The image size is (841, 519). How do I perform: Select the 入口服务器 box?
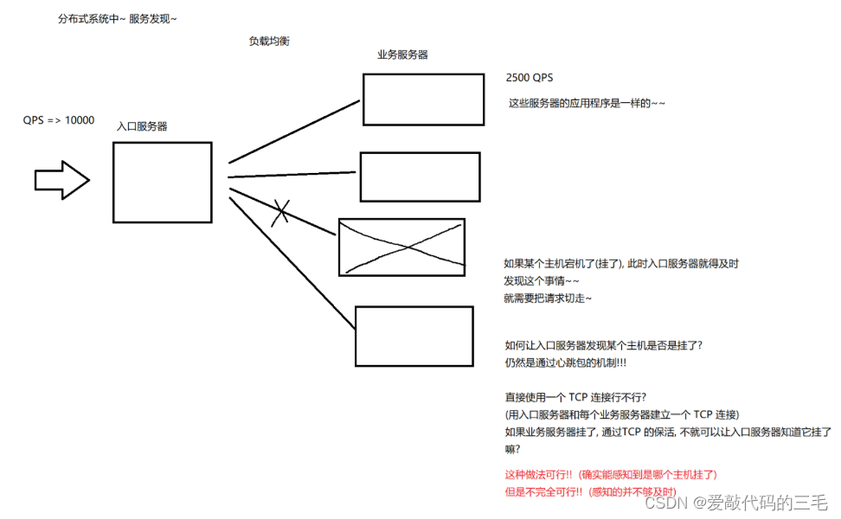pyautogui.click(x=162, y=183)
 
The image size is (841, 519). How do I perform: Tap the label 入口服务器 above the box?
pyautogui.click(x=142, y=126)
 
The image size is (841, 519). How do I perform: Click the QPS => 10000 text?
pyautogui.click(x=59, y=120)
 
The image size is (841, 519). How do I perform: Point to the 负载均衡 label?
pyautogui.click(x=269, y=41)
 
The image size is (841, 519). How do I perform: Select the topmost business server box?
pyautogui.click(x=422, y=99)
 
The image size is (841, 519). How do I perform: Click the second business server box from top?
pyautogui.click(x=420, y=176)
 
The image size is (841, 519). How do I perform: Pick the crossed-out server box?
pyautogui.click(x=401, y=247)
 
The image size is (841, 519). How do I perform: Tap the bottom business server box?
pyautogui.click(x=414, y=336)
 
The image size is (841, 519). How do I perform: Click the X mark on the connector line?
pyautogui.click(x=279, y=212)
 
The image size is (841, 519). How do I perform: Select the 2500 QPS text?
pyautogui.click(x=530, y=78)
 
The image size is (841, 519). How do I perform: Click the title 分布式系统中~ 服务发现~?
pyautogui.click(x=117, y=18)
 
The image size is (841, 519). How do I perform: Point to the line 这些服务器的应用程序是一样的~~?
pyautogui.click(x=587, y=103)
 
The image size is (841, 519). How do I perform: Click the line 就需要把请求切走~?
pyautogui.click(x=548, y=298)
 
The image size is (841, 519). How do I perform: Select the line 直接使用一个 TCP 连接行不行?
pyautogui.click(x=575, y=397)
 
